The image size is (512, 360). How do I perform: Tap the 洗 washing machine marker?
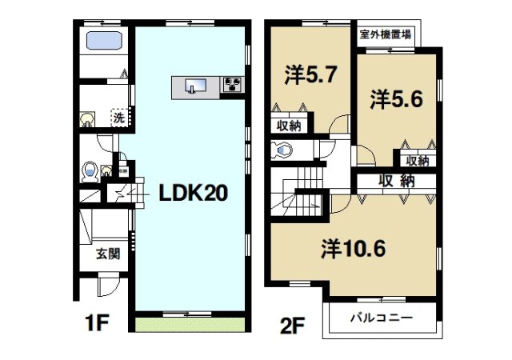click(x=118, y=118)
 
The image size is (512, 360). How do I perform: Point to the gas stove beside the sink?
click(x=233, y=85)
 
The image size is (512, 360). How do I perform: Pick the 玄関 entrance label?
click(x=108, y=254)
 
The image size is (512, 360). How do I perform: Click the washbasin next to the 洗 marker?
click(x=86, y=120)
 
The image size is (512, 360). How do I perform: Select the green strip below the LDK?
click(x=190, y=325)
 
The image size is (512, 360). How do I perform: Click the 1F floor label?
click(x=97, y=323)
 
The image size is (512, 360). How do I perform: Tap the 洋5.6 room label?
click(x=396, y=98)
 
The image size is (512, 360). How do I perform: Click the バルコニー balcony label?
click(x=382, y=318)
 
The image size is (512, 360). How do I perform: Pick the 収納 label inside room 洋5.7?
click(x=290, y=125)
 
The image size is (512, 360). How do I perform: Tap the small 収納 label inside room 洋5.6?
click(x=416, y=161)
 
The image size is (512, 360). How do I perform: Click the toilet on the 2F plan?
click(x=282, y=150)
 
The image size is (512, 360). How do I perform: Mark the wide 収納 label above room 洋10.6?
click(x=397, y=181)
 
